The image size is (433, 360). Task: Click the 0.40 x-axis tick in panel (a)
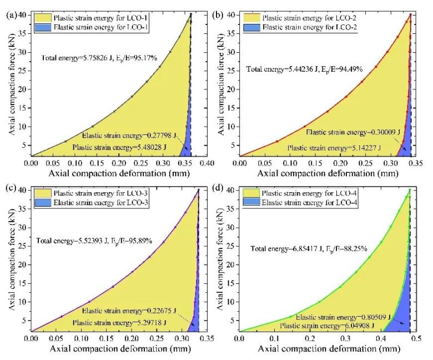point(207,164)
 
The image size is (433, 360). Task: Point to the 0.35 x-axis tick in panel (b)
point(413,164)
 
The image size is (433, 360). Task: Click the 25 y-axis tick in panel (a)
point(23,67)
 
